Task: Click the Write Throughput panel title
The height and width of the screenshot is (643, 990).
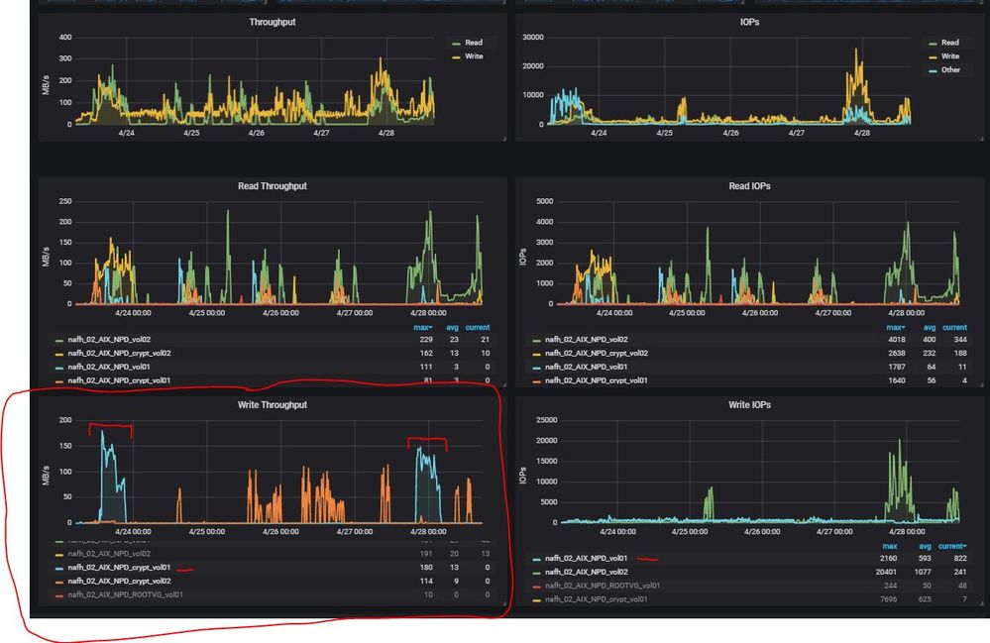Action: tap(272, 405)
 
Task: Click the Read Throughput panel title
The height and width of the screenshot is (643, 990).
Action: tap(272, 186)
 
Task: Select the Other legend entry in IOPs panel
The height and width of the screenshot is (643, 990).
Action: tap(949, 70)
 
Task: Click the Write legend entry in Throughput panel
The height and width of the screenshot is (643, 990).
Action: tap(474, 56)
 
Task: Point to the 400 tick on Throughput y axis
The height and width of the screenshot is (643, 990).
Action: tap(65, 38)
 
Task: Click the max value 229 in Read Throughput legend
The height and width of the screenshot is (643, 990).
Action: tap(426, 339)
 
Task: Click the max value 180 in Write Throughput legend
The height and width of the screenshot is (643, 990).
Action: tap(426, 568)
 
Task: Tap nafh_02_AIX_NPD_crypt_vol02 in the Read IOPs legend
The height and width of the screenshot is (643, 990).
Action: tap(597, 353)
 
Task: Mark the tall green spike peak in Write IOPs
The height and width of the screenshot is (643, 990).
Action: tap(899, 440)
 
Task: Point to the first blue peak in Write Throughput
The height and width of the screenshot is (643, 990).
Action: tap(103, 432)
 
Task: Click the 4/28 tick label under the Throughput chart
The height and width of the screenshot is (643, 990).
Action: tap(386, 132)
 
